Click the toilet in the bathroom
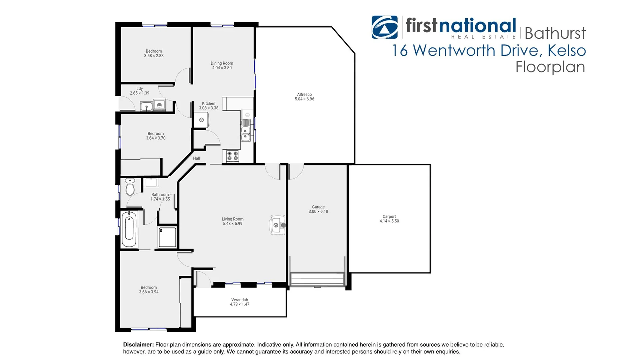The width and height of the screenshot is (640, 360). pyautogui.click(x=130, y=187)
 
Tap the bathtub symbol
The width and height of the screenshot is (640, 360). pyautogui.click(x=129, y=229)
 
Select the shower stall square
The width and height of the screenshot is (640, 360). pyautogui.click(x=167, y=237)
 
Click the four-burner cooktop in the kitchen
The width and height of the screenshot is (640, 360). pyautogui.click(x=232, y=156)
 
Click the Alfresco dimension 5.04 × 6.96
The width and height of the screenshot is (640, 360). pyautogui.click(x=304, y=99)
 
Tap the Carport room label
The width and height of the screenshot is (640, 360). pyautogui.click(x=389, y=217)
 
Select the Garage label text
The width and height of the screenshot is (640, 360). pyautogui.click(x=318, y=207)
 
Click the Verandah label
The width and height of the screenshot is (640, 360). pyautogui.click(x=239, y=300)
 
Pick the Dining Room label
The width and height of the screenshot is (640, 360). pyautogui.click(x=222, y=63)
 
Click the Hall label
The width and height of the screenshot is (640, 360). pyautogui.click(x=196, y=158)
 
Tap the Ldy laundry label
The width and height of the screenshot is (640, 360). pyautogui.click(x=139, y=89)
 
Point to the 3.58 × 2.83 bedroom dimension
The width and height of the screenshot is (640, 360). pyautogui.click(x=154, y=56)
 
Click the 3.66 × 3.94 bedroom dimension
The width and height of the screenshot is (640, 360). pyautogui.click(x=149, y=292)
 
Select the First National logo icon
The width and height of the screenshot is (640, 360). pyautogui.click(x=384, y=27)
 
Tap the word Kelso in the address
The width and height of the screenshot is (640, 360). pyautogui.click(x=566, y=51)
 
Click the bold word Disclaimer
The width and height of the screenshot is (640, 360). pyautogui.click(x=138, y=345)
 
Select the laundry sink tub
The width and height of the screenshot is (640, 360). pyautogui.click(x=146, y=106)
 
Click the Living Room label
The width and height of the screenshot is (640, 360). pyautogui.click(x=232, y=219)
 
